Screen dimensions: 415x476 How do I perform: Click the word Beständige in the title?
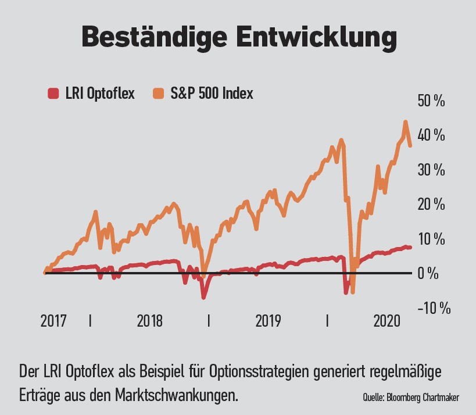pyautogui.click(x=154, y=37)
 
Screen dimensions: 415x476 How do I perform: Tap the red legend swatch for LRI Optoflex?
pyautogui.click(x=53, y=93)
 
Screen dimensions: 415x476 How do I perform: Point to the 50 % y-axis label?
pyautogui.click(x=431, y=101)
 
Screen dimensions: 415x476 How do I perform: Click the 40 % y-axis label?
pyautogui.click(x=431, y=135)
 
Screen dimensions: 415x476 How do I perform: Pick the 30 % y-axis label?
pyautogui.click(x=431, y=170)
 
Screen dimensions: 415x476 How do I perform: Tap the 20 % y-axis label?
pyautogui.click(x=431, y=204)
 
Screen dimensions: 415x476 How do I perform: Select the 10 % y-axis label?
pyautogui.click(x=431, y=239)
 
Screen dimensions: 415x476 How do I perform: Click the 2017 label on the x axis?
pyautogui.click(x=54, y=320)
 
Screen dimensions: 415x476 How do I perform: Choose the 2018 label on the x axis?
pyautogui.click(x=149, y=320)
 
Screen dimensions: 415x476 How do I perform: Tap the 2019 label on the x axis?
pyautogui.click(x=268, y=320)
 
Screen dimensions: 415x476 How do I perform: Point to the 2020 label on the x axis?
pyautogui.click(x=386, y=320)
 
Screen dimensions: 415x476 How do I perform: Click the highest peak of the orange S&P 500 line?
pyautogui.click(x=405, y=122)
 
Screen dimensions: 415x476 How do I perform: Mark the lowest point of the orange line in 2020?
pyautogui.click(x=352, y=292)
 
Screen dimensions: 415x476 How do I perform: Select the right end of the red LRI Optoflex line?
pyautogui.click(x=410, y=248)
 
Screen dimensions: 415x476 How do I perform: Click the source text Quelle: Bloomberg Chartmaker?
pyautogui.click(x=410, y=398)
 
